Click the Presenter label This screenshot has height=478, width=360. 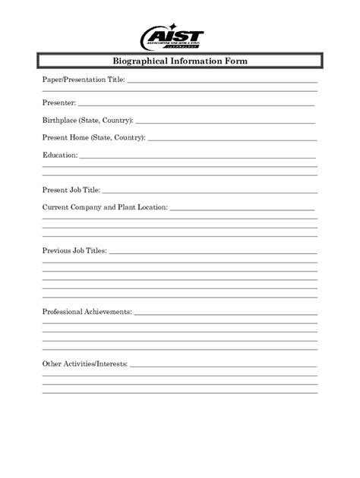58,101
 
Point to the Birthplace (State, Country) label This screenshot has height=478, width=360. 87,120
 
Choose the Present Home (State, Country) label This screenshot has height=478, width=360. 93,138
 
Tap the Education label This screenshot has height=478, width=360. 60,156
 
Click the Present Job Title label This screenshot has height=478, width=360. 71,191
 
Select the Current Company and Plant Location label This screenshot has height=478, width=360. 105,207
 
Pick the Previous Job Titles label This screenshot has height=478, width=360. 74,250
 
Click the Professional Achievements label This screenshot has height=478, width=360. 87,312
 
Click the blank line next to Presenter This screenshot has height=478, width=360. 196,104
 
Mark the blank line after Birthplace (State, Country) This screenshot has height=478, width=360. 226,122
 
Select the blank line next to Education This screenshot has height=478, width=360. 197,158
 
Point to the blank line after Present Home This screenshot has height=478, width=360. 232,140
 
